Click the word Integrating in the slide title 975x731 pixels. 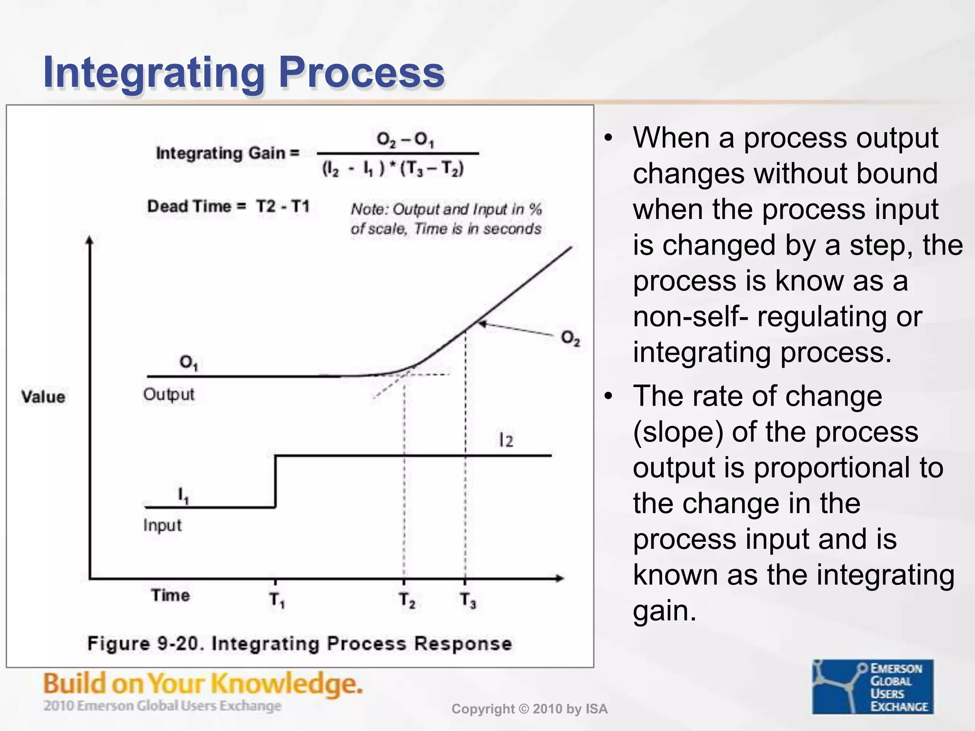pos(153,73)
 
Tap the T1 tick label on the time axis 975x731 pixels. pos(277,600)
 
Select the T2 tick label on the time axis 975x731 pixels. pos(407,600)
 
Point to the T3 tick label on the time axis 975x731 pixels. pos(468,600)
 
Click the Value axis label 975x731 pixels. pos(43,396)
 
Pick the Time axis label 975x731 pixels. pos(170,595)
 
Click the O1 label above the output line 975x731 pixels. pos(189,363)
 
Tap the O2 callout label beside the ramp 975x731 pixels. pos(570,338)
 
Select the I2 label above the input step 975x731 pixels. pos(506,440)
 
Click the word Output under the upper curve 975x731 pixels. pos(169,395)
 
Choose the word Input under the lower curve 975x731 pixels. pos(162,525)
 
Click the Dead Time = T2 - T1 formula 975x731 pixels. pos(228,207)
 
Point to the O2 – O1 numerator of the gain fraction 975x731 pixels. pos(405,140)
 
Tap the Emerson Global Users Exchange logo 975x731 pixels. pos(873,686)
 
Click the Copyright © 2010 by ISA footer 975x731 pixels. pos(529,709)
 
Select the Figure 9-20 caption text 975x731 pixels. pos(299,643)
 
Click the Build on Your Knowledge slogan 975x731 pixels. pos(203,684)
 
